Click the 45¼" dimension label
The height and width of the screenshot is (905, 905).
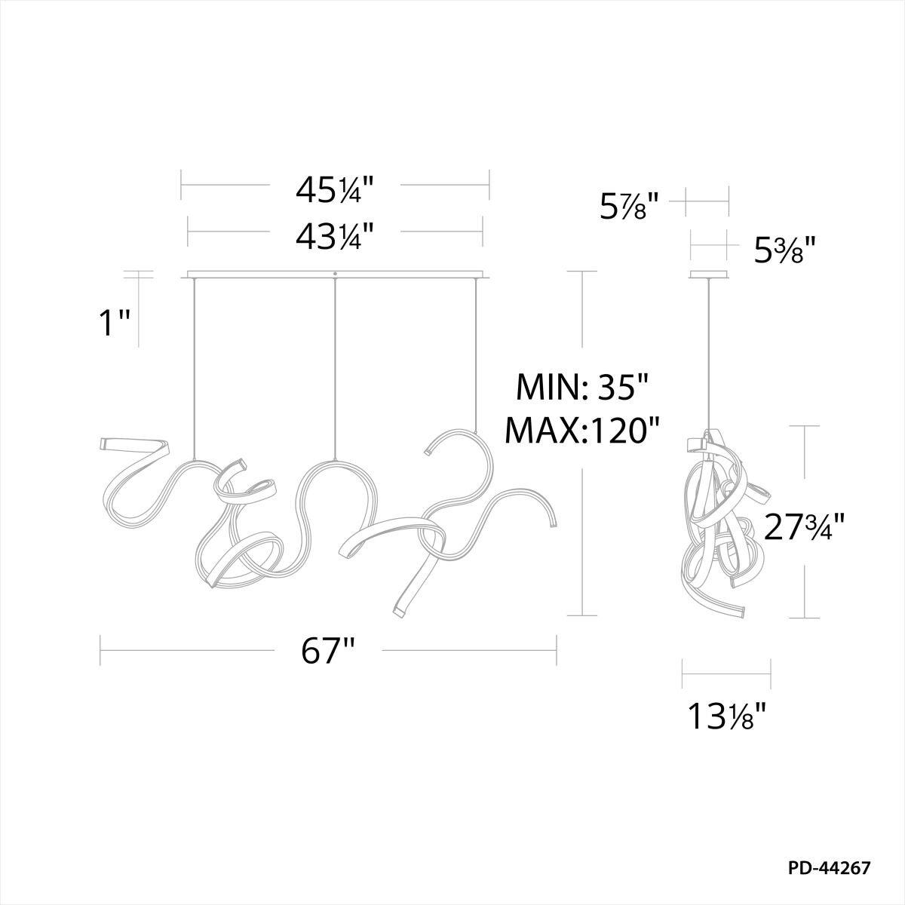335,191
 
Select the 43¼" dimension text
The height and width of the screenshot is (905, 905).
335,235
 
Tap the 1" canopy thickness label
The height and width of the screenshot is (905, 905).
115,324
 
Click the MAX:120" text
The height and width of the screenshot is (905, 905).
582,431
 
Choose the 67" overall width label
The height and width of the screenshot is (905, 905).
328,651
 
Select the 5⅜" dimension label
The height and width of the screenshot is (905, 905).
786,250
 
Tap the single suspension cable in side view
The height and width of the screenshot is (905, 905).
709,354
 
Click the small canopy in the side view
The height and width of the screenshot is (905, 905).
709,275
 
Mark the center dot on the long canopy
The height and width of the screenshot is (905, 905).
334,273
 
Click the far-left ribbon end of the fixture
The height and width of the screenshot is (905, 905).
104,444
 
